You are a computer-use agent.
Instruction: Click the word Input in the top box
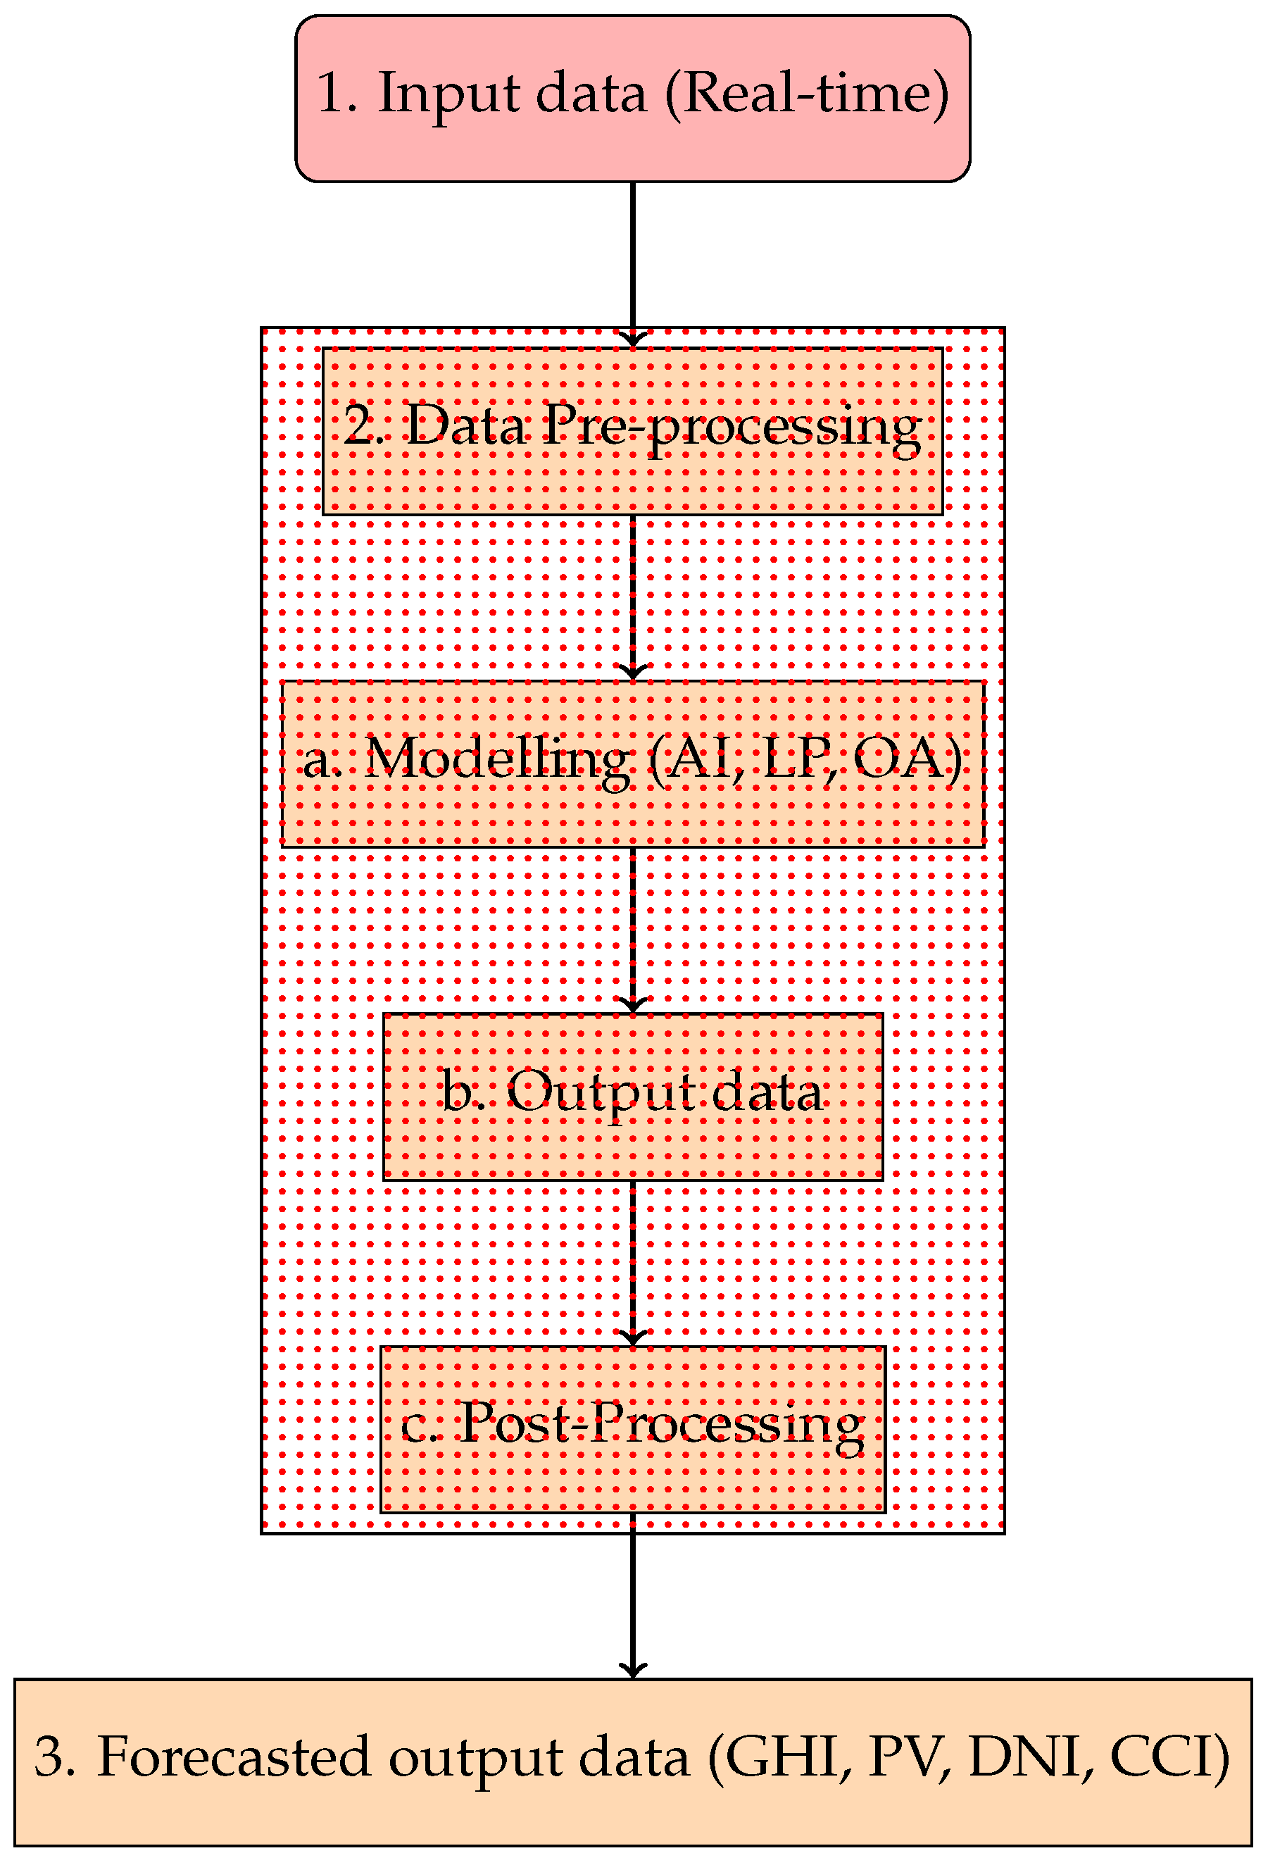pyautogui.click(x=448, y=94)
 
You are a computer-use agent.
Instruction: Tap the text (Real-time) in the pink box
pyautogui.click(x=806, y=93)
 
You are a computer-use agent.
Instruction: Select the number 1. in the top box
pyautogui.click(x=335, y=93)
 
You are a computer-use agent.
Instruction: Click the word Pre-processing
pyautogui.click(x=731, y=427)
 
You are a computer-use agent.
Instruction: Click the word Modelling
pyautogui.click(x=496, y=759)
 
